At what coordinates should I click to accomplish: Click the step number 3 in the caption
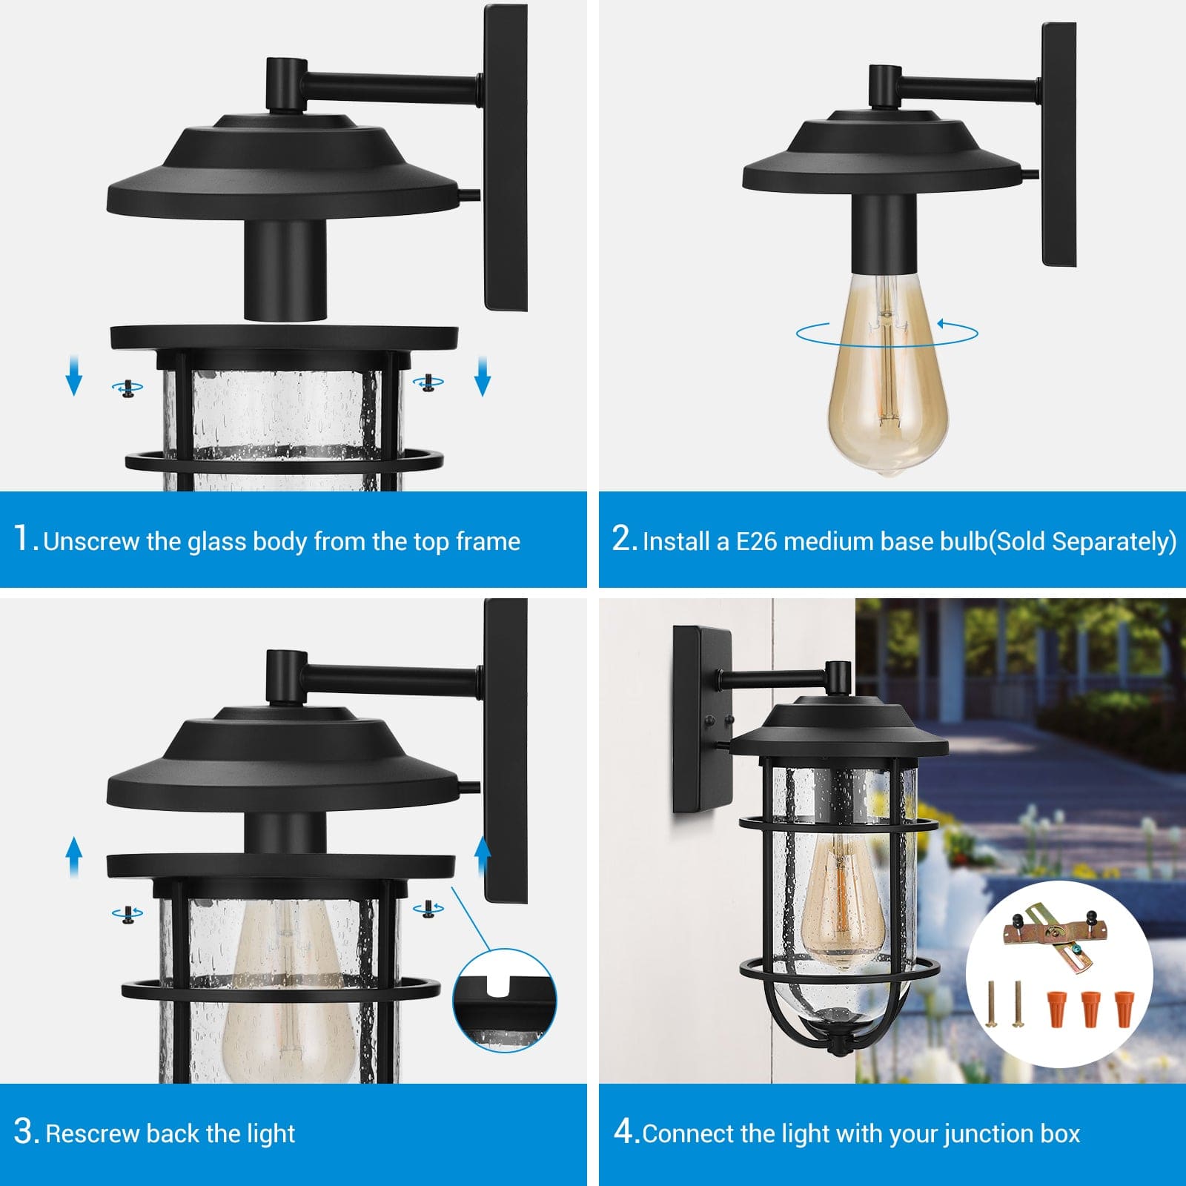click(x=26, y=1132)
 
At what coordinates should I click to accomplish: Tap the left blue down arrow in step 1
click(x=73, y=374)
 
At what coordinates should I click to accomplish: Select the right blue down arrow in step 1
click(x=483, y=374)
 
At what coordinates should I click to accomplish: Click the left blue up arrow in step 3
click(x=73, y=858)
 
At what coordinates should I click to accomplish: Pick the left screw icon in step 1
click(x=127, y=388)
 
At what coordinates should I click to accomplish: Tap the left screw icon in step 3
click(x=127, y=914)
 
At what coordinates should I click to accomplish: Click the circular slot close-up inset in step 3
click(x=505, y=1000)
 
